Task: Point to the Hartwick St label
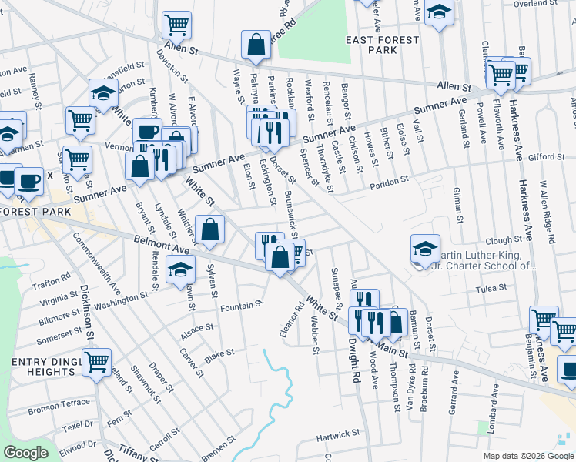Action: [x=338, y=437]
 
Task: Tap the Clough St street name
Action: [x=504, y=240]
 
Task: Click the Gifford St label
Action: [x=548, y=157]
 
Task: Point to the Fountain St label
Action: [x=236, y=307]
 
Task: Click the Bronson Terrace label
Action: [x=59, y=403]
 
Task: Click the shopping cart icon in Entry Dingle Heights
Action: [x=97, y=361]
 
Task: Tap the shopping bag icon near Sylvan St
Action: [x=209, y=229]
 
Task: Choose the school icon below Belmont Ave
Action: [x=181, y=269]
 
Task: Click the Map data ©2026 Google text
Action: [x=527, y=456]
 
